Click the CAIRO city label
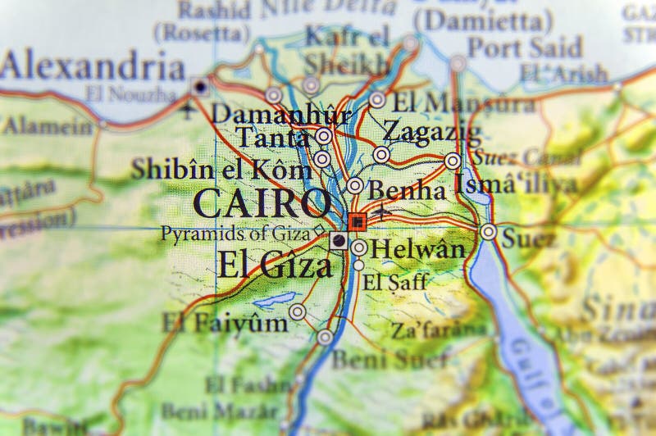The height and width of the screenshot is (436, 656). (x=262, y=202)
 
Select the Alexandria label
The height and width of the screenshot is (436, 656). (x=92, y=65)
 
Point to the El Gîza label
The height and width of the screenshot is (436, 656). (x=275, y=265)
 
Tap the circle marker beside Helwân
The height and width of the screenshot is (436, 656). (x=359, y=248)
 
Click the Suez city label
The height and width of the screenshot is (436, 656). (x=527, y=238)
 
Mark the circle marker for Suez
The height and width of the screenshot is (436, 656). (x=489, y=232)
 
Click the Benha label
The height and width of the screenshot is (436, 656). (x=408, y=190)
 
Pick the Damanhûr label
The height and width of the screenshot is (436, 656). (x=281, y=113)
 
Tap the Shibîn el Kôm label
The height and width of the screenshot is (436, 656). (x=221, y=170)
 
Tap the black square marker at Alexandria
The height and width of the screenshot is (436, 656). (x=200, y=85)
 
